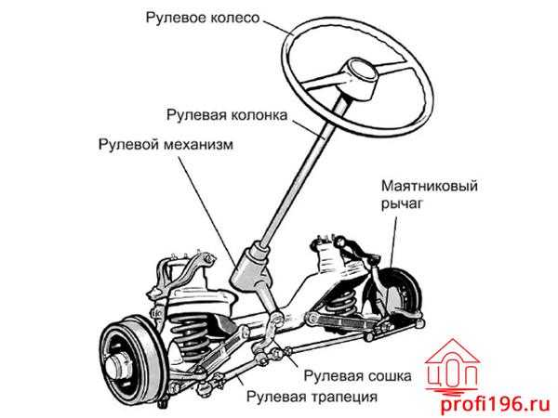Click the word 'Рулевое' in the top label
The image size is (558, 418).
[x=175, y=17]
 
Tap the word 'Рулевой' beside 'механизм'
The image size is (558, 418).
[x=125, y=146]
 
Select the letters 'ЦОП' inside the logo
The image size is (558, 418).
[x=453, y=374]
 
